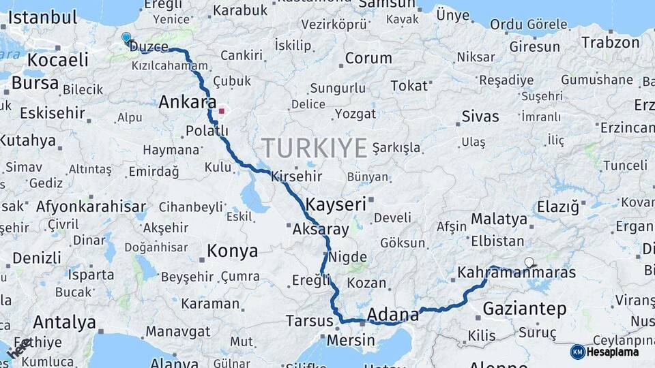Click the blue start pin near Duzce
126,37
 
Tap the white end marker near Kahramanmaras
529,262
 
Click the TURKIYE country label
315,148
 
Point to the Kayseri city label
336,204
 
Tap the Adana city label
392,315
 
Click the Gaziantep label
524,309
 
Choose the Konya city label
232,251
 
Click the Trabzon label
610,42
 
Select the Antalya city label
64,322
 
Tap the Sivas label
480,117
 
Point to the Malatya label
499,219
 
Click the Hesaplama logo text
613,352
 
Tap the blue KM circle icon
577,352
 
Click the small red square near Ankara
221,110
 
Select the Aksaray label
320,230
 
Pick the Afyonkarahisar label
91,206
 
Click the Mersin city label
351,339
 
